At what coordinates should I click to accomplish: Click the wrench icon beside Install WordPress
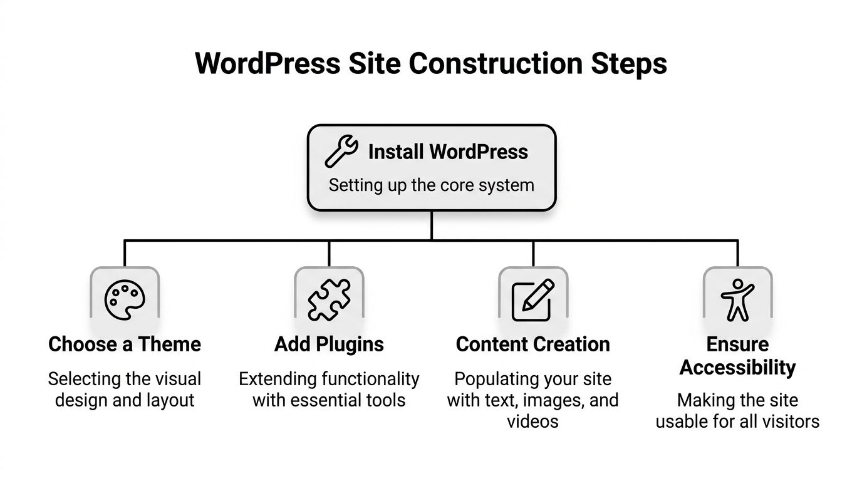(341, 152)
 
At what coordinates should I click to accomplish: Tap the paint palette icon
(125, 301)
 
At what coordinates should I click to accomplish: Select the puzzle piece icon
(329, 300)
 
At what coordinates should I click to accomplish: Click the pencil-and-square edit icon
(533, 300)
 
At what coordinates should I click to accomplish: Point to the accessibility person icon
(737, 300)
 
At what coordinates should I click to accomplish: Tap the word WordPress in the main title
(268, 64)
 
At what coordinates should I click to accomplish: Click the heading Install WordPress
(448, 152)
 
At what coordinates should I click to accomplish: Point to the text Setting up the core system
(432, 185)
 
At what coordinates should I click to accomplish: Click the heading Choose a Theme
(125, 344)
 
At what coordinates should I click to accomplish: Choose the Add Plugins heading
(329, 344)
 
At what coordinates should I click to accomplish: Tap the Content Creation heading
(533, 344)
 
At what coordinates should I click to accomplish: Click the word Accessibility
(737, 368)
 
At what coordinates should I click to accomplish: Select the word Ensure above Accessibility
(737, 344)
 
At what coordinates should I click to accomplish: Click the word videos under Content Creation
(533, 421)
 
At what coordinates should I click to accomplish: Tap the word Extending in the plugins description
(278, 379)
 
